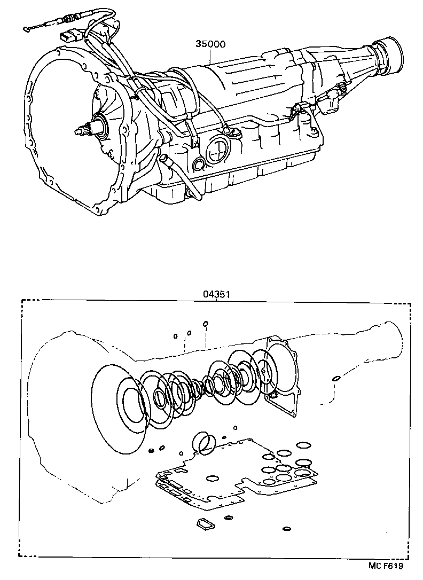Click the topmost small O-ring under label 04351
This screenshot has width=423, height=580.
pyautogui.click(x=206, y=324)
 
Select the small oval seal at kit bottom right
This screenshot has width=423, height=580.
pyautogui.click(x=287, y=529)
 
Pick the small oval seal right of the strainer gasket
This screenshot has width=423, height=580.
pyautogui.click(x=229, y=517)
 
